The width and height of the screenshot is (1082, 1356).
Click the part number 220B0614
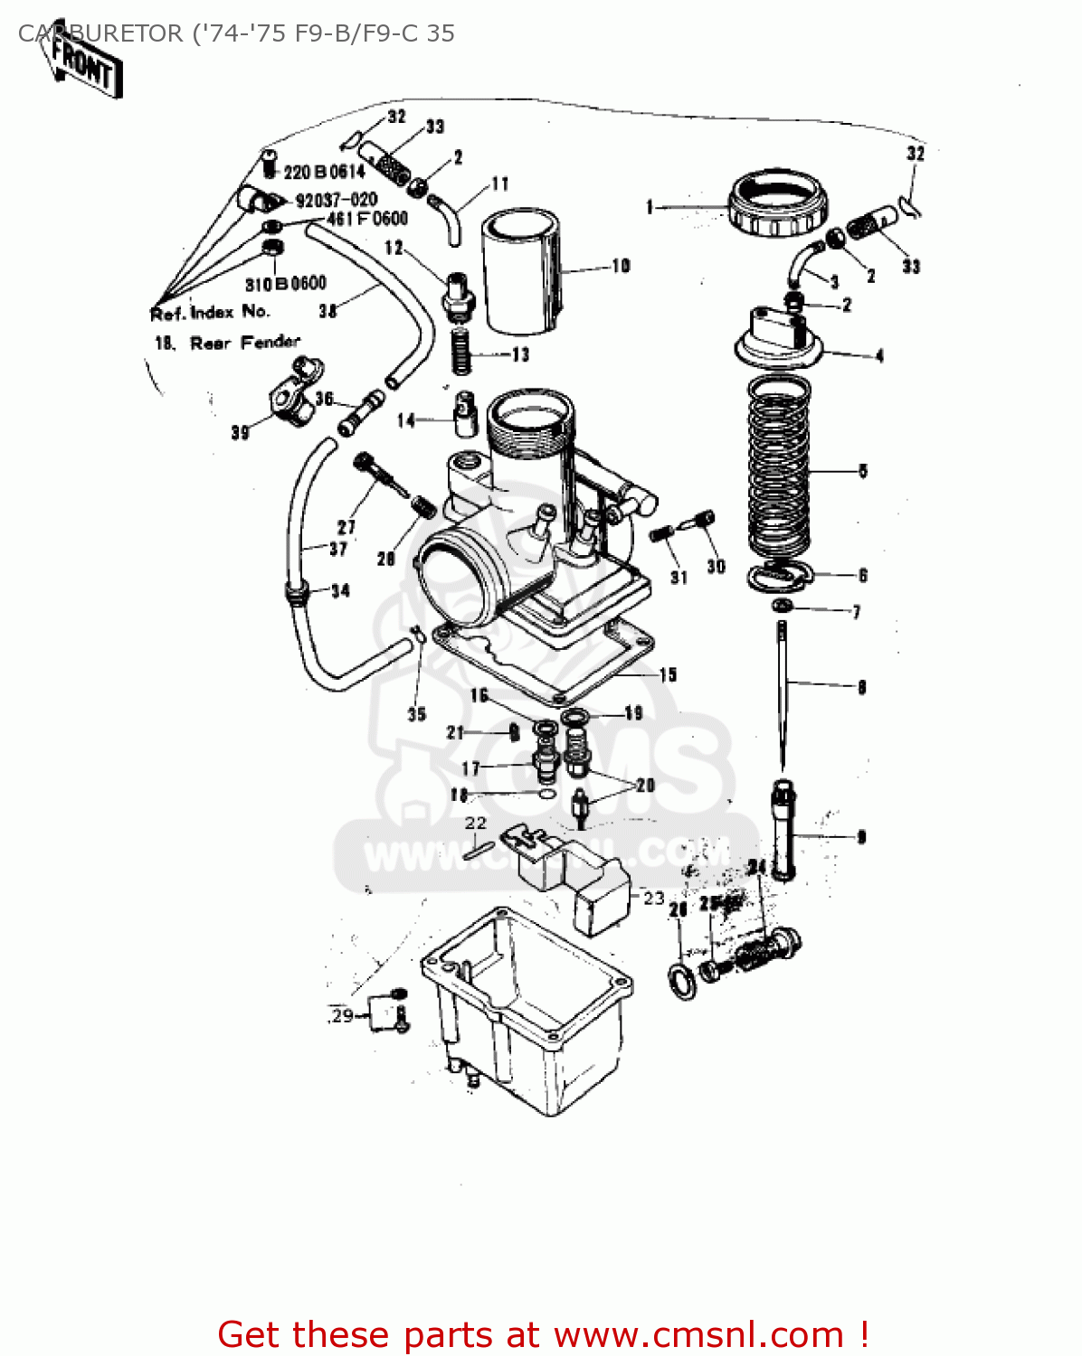click(324, 172)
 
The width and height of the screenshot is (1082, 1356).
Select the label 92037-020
click(336, 200)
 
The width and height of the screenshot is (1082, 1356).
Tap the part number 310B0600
click(285, 284)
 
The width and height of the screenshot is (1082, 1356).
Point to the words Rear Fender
click(244, 343)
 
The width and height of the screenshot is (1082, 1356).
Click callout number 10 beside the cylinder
click(621, 266)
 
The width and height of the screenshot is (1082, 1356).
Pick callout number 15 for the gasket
click(668, 674)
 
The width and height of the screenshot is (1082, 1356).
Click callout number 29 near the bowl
click(342, 1015)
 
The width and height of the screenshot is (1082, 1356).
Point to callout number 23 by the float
click(653, 898)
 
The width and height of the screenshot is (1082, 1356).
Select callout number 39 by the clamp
click(240, 432)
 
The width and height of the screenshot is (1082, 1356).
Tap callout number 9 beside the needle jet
click(861, 837)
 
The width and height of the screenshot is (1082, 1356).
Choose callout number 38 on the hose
click(327, 311)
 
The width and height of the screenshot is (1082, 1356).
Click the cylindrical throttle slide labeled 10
click(517, 271)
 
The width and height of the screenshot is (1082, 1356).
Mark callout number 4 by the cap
click(878, 356)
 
